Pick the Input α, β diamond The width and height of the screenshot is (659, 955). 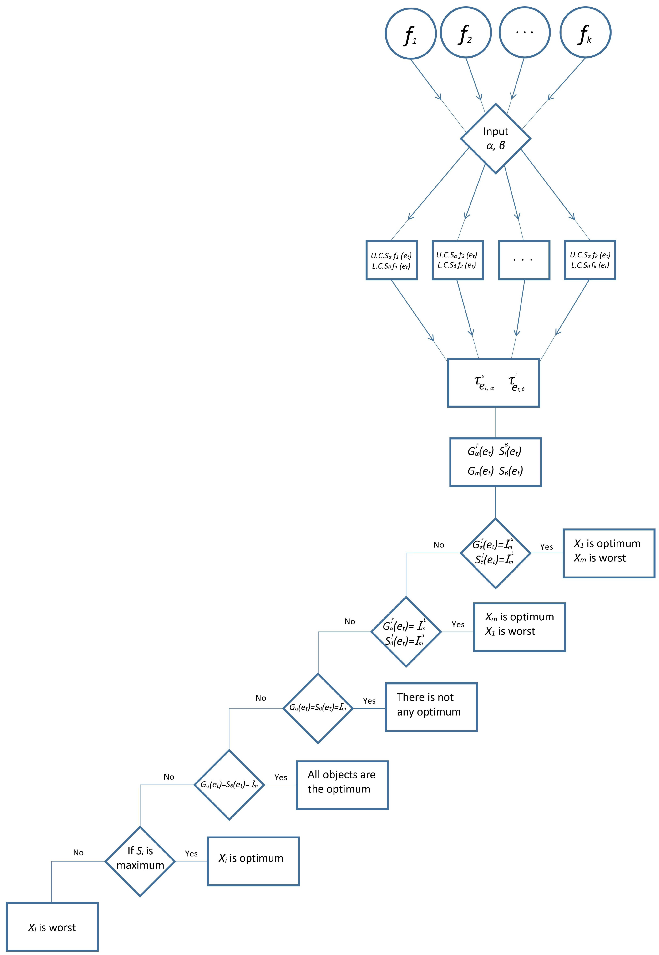(x=496, y=138)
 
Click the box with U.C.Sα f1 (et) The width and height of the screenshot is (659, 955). (x=392, y=260)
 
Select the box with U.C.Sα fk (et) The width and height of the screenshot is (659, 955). (x=590, y=260)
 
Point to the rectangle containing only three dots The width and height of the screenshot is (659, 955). (x=524, y=260)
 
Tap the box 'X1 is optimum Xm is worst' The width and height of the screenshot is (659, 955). (x=609, y=553)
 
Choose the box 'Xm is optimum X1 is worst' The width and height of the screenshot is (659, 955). (x=519, y=627)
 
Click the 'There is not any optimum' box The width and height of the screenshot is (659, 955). (x=431, y=707)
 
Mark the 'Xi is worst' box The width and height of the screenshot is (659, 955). (x=52, y=927)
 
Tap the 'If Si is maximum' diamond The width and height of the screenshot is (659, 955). (x=140, y=861)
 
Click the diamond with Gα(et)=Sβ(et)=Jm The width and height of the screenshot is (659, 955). (x=229, y=785)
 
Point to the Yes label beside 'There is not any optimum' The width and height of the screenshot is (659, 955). (x=369, y=701)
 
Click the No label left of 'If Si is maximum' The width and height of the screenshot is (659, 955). (x=78, y=853)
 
